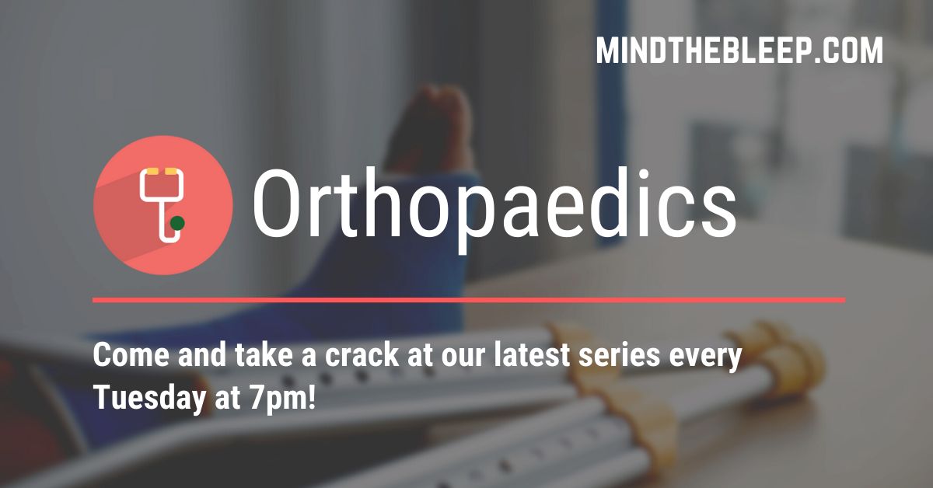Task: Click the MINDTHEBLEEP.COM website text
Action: pyautogui.click(x=739, y=51)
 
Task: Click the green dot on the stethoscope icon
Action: pyautogui.click(x=177, y=223)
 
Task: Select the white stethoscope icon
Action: pyautogui.click(x=162, y=205)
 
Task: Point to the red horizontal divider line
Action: pyautogui.click(x=469, y=300)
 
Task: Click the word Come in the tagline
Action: pyautogui.click(x=131, y=355)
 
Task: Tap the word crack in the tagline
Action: pyautogui.click(x=362, y=355)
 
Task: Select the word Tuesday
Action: pyautogui.click(x=149, y=398)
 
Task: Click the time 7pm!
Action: pyautogui.click(x=282, y=398)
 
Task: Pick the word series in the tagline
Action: pyautogui.click(x=620, y=355)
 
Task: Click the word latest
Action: pyautogui.click(x=532, y=355)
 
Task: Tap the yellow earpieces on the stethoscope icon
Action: pyautogui.click(x=162, y=171)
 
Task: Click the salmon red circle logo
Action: pyautogui.click(x=162, y=205)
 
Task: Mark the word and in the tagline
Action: pyautogui.click(x=202, y=355)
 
